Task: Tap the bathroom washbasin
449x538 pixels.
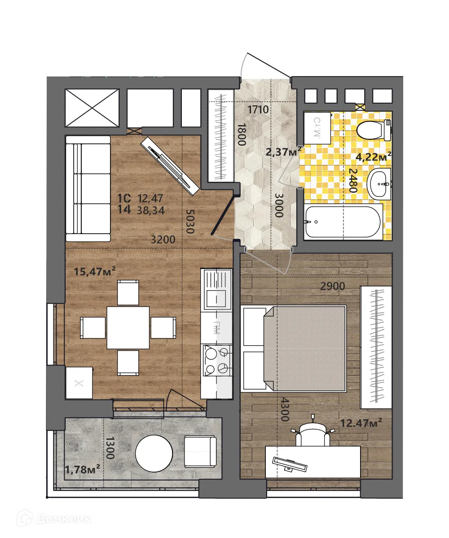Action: [x=380, y=184]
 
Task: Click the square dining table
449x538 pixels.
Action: [x=128, y=328]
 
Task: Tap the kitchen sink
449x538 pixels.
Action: [x=216, y=290]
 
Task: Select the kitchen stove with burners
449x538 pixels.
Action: [x=216, y=360]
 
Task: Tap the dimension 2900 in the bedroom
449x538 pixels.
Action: [x=332, y=286]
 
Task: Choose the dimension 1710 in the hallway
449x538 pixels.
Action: [x=258, y=109]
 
